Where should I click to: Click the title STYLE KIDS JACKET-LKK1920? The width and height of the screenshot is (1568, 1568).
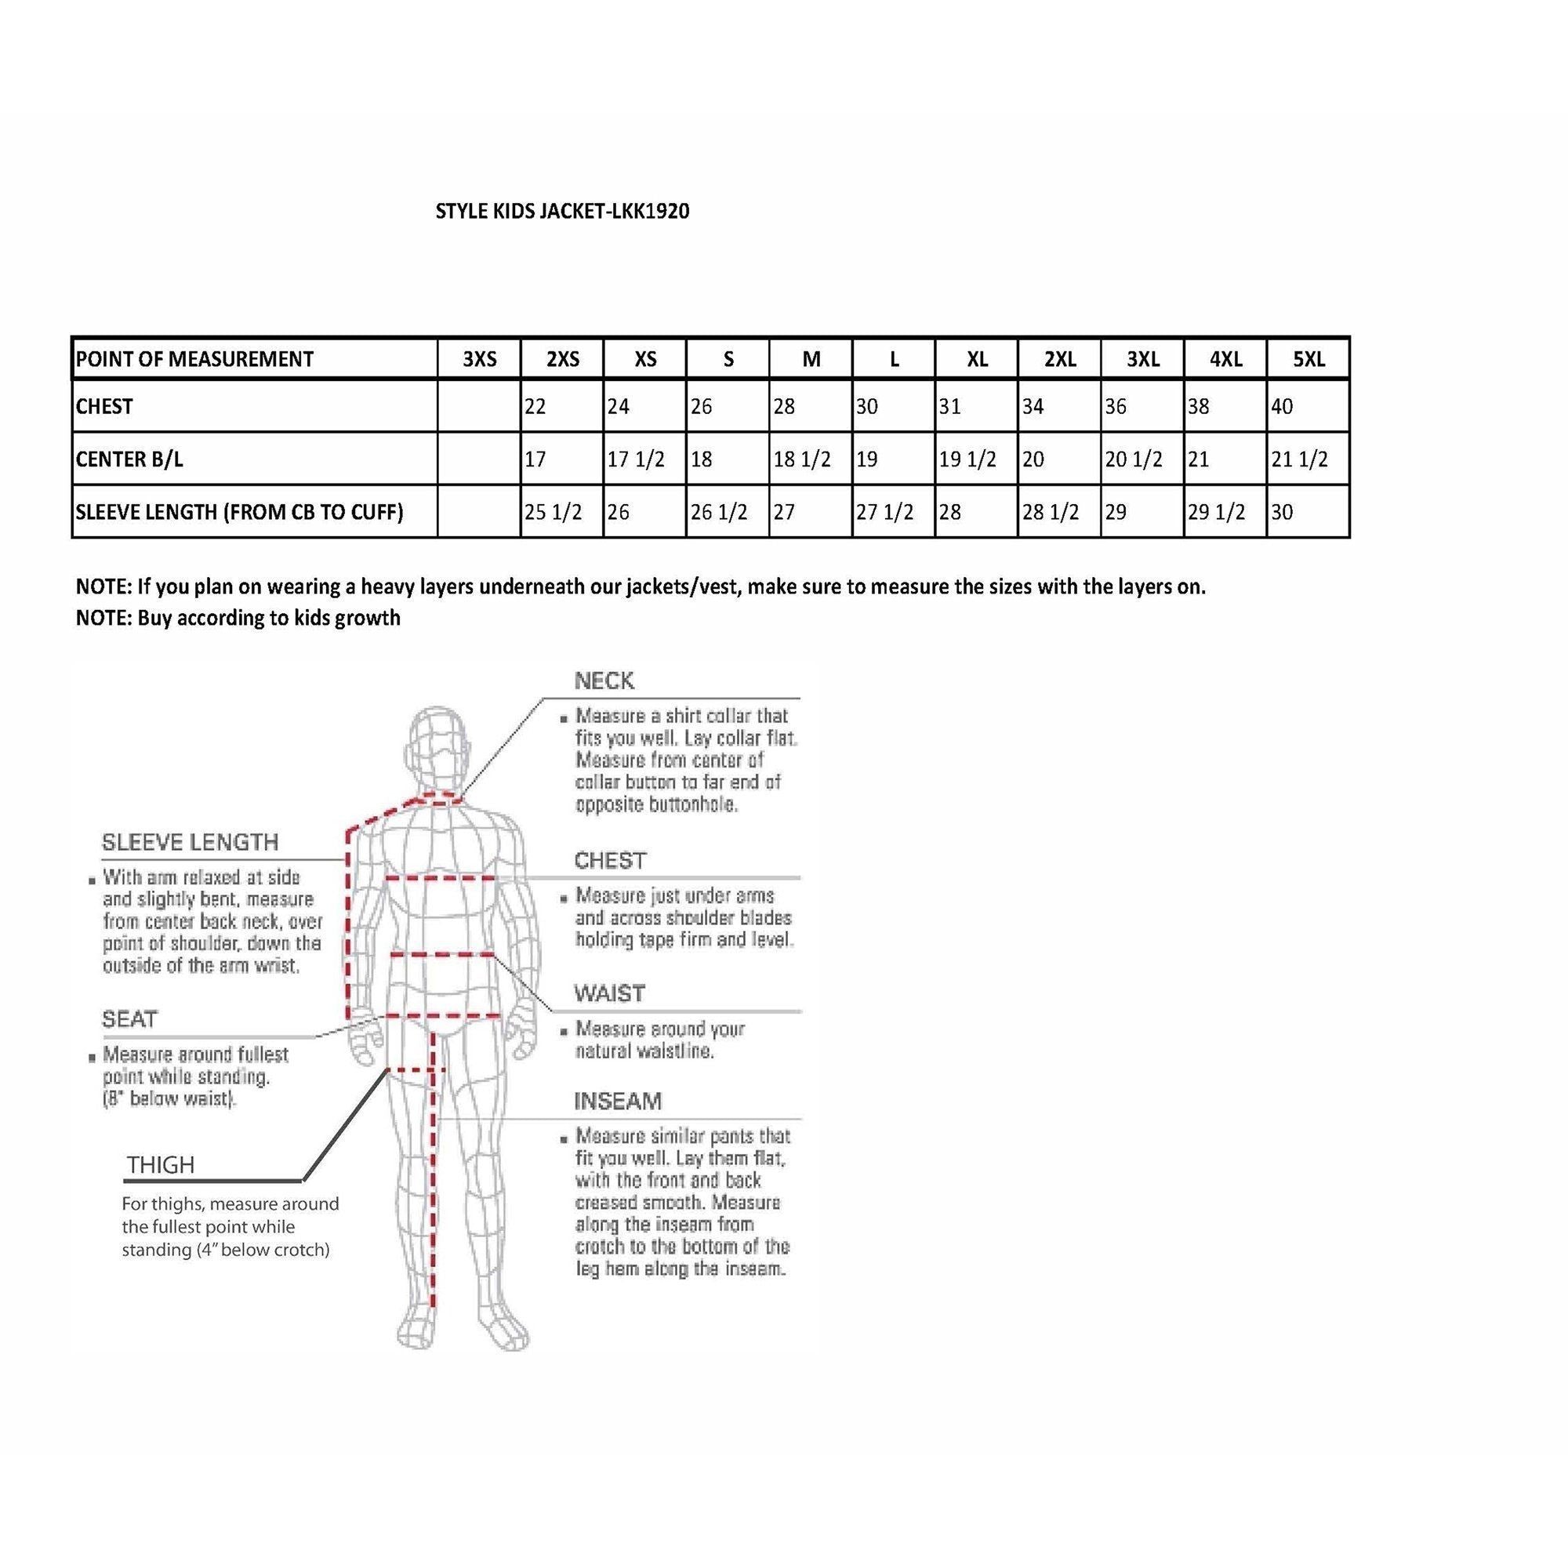click(x=562, y=211)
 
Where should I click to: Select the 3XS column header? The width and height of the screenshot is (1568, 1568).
click(x=479, y=359)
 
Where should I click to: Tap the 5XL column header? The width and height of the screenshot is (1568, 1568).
click(x=1308, y=359)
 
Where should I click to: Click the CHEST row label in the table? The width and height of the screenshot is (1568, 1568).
click(x=105, y=407)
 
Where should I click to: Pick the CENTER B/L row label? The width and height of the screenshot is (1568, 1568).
click(x=129, y=459)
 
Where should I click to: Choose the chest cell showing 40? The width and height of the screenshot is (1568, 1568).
click(x=1282, y=407)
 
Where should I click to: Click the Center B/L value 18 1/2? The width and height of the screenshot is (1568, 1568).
click(x=802, y=459)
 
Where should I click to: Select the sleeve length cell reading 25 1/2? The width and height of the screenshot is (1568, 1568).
click(x=553, y=512)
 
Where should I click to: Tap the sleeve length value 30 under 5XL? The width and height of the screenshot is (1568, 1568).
click(x=1283, y=512)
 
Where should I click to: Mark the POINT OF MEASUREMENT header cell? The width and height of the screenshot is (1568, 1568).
click(x=194, y=359)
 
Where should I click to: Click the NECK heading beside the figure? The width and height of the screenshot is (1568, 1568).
click(x=604, y=681)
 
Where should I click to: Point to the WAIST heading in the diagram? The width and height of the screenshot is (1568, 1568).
click(x=609, y=993)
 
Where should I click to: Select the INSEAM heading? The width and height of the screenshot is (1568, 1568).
click(x=618, y=1102)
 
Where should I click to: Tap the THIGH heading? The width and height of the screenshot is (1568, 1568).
click(x=161, y=1166)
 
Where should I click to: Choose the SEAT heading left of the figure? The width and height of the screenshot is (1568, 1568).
click(x=130, y=1019)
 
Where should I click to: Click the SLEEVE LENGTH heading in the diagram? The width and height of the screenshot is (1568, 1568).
click(x=190, y=843)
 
